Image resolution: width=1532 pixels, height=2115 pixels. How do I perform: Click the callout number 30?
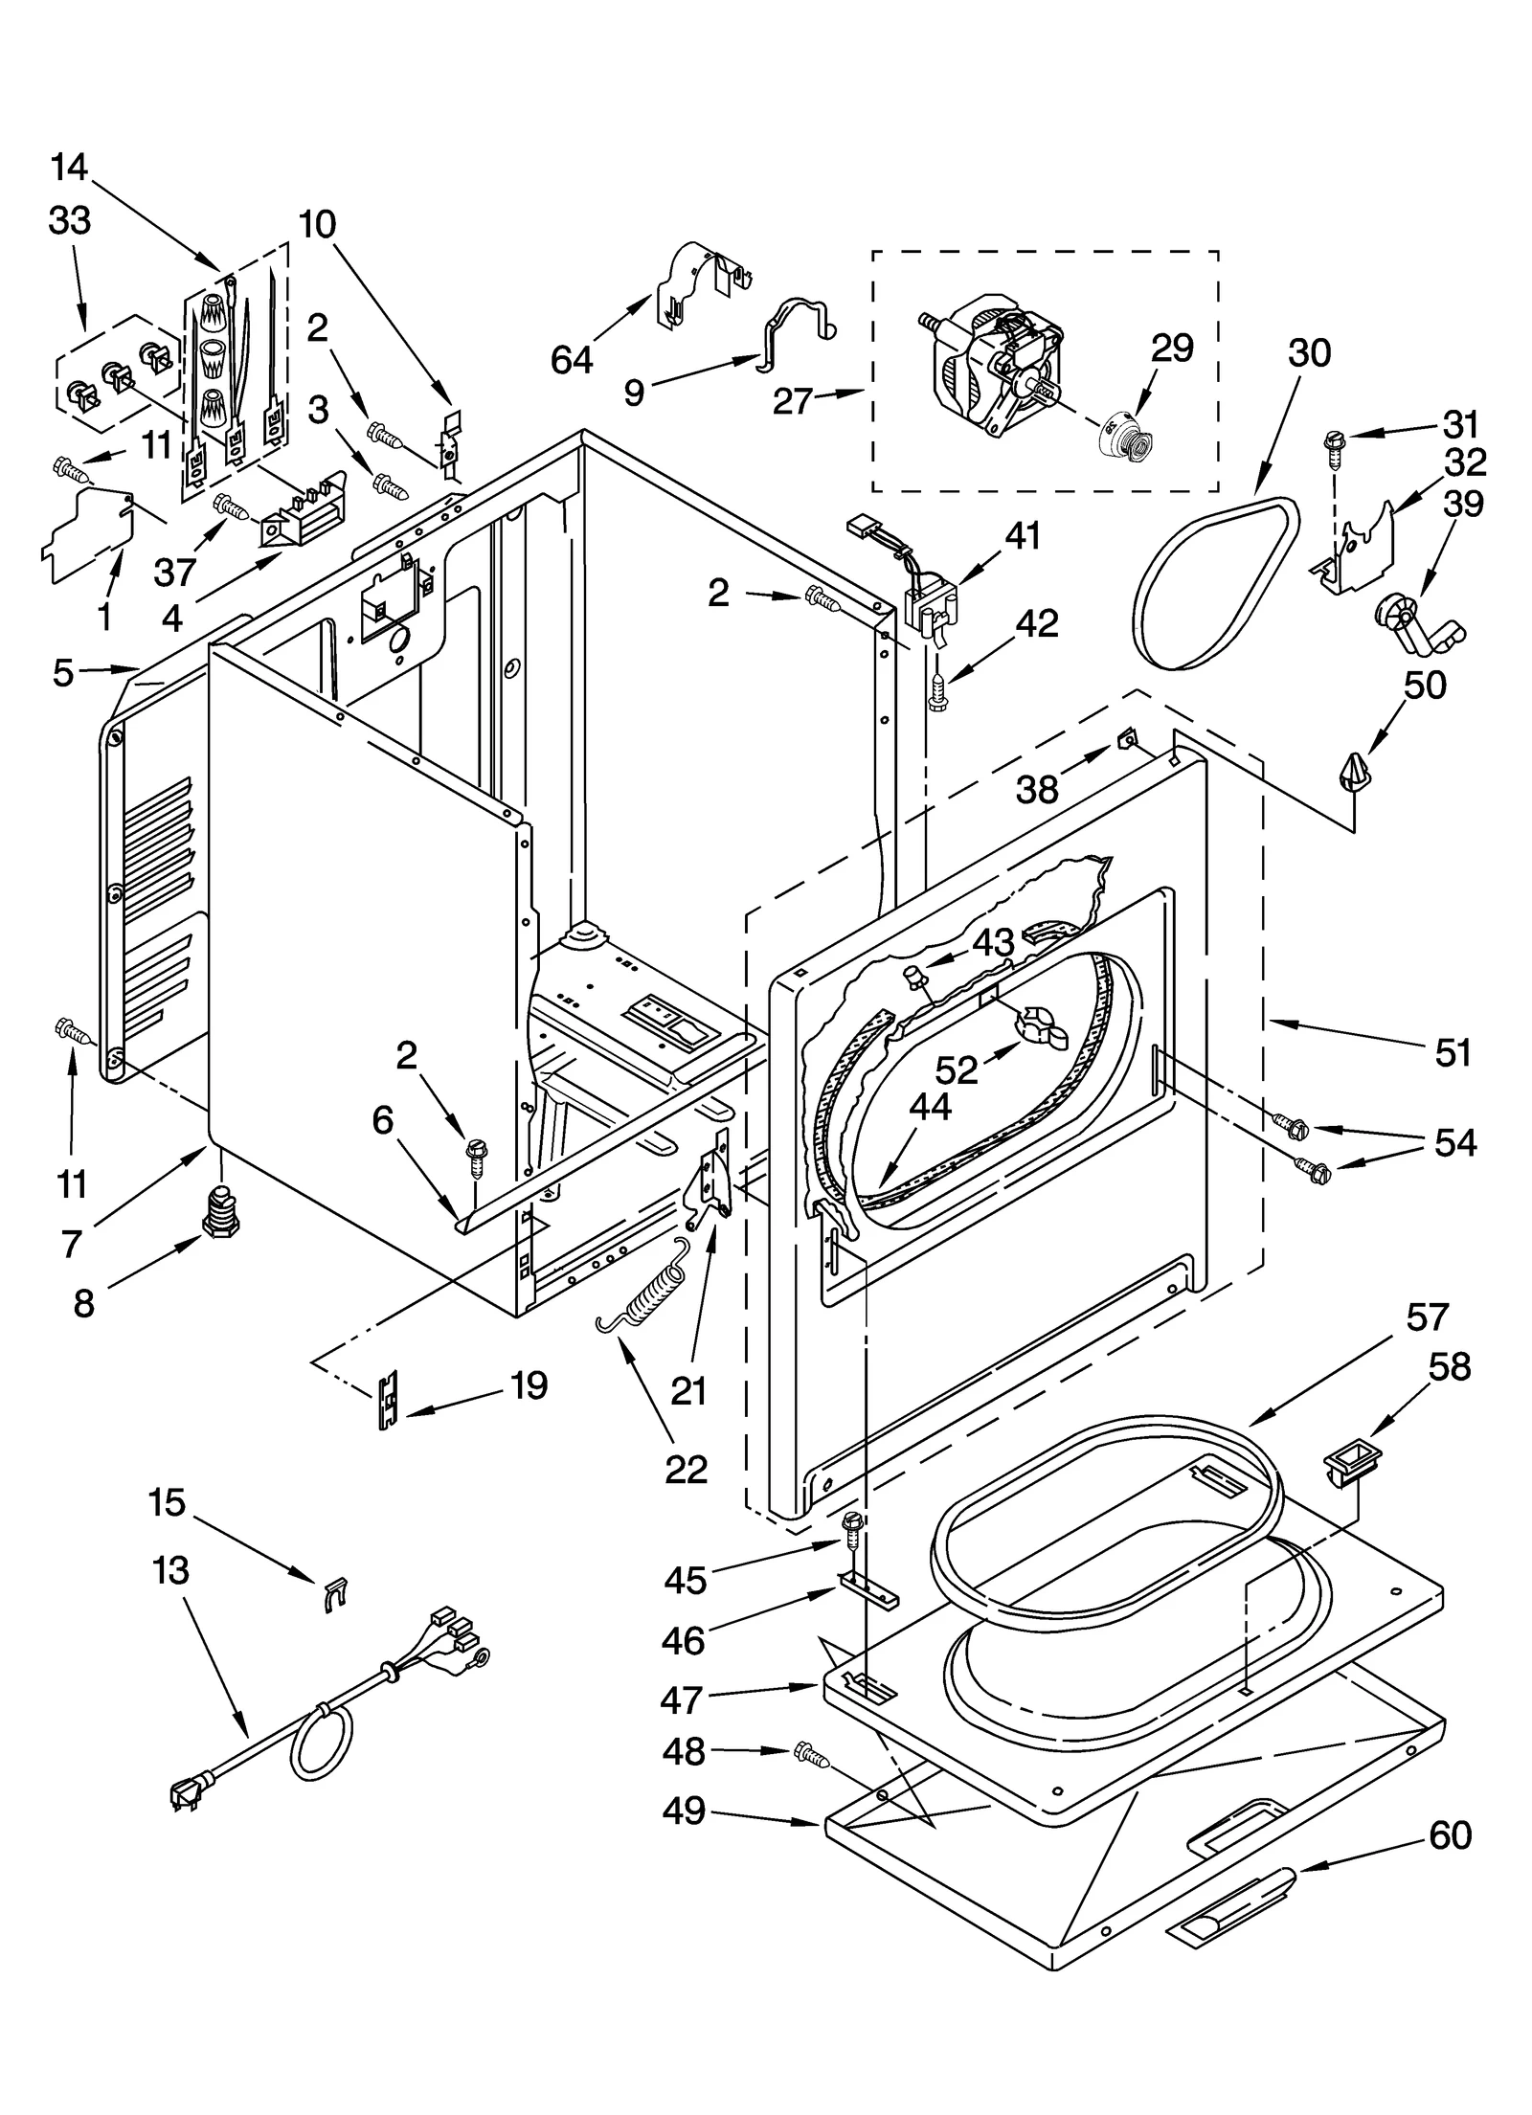tap(1309, 352)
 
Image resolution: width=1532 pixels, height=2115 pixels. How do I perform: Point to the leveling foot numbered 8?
tap(219, 1210)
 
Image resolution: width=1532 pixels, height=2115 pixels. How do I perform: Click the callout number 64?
tap(572, 360)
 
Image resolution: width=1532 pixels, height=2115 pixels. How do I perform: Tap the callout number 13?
tap(170, 1570)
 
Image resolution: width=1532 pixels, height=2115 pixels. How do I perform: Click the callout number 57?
tap(1427, 1316)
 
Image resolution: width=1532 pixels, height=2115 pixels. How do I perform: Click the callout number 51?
tap(1453, 1053)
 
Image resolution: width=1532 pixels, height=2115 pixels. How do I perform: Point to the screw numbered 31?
tap(1332, 443)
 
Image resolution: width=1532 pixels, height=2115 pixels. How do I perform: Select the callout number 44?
tap(930, 1107)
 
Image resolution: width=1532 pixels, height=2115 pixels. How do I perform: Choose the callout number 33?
tap(70, 220)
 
